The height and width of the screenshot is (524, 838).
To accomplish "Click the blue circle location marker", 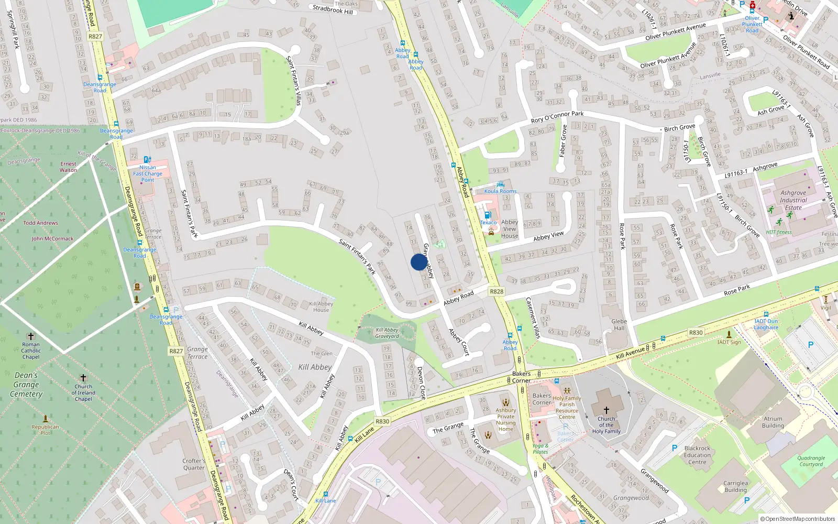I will (418, 262).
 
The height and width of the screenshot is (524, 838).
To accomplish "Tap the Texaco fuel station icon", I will (488, 215).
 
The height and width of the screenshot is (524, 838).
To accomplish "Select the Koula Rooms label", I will (500, 191).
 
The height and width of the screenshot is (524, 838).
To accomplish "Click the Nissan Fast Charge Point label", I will (148, 173).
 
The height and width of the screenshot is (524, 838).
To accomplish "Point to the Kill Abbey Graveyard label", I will (387, 333).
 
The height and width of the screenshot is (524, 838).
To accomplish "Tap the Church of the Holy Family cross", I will (606, 410).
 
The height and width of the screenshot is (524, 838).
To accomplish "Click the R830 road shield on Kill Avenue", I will (696, 333).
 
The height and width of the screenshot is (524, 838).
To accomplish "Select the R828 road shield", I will (497, 291).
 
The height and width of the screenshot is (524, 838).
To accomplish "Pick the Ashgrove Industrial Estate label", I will (793, 200).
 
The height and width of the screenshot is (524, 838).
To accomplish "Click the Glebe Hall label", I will (619, 325).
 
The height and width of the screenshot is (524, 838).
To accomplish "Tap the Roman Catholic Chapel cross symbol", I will (31, 336).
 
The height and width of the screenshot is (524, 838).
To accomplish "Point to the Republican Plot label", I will (46, 430).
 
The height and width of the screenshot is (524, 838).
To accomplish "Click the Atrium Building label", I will (773, 422).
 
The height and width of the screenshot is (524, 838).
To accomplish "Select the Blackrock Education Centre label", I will (697, 455).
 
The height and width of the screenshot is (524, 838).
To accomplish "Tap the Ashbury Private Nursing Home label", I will (506, 420).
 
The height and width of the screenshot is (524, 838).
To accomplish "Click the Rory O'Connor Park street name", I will (557, 117).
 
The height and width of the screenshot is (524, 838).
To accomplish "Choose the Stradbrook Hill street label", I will (333, 9).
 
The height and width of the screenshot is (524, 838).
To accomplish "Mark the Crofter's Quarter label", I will (194, 464).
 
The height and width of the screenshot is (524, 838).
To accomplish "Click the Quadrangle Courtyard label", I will (811, 461).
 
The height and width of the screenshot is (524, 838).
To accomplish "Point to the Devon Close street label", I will (421, 383).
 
